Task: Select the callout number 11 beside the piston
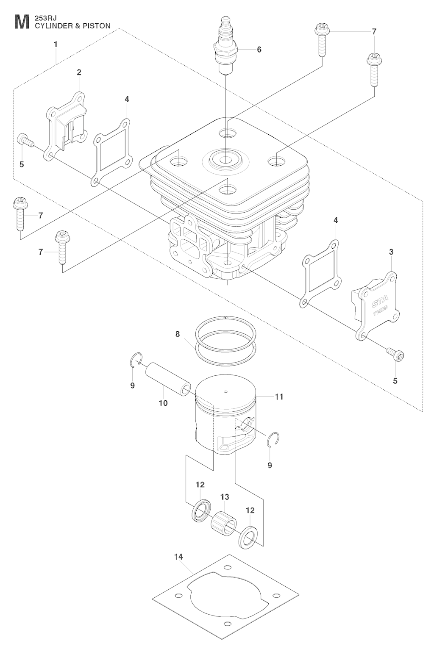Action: [x=279, y=397]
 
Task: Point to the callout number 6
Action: [x=259, y=50]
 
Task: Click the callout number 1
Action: [x=56, y=44]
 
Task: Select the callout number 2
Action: [x=79, y=72]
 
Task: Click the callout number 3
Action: [x=391, y=252]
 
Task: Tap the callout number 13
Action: [x=224, y=496]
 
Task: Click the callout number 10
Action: [x=163, y=403]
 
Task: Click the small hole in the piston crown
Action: [x=226, y=391]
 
